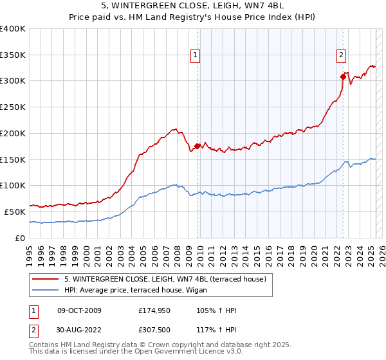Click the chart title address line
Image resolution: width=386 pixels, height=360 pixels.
click(192, 7)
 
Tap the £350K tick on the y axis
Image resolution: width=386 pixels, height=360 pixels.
click(13, 55)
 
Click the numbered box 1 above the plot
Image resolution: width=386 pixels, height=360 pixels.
click(195, 55)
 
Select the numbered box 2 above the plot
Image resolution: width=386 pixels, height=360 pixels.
click(341, 55)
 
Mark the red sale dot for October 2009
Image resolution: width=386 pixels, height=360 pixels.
click(197, 146)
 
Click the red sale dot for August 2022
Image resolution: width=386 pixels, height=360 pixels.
click(343, 76)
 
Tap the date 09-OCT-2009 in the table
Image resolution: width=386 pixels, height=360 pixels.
click(79, 311)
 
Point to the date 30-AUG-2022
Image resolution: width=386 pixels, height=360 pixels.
click(79, 330)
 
